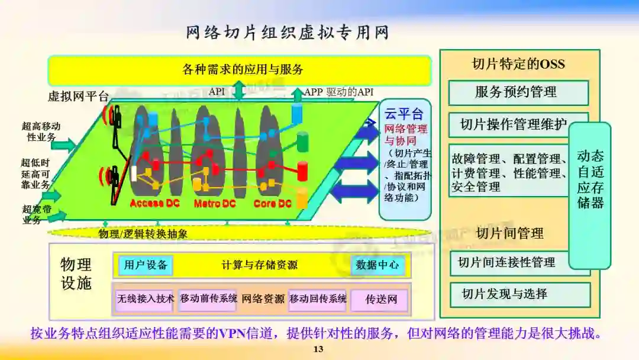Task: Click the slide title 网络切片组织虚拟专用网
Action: [x=288, y=33]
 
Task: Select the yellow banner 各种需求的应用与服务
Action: [x=240, y=70]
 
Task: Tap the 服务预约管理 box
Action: [x=518, y=92]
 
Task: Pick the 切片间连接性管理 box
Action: [x=508, y=262]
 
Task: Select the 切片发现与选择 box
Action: [x=508, y=294]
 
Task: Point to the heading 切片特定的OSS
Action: [x=518, y=64]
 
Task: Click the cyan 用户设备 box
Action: [x=146, y=265]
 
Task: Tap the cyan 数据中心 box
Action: [x=377, y=265]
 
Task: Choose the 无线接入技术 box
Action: [x=146, y=300]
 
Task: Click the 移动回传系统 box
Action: [x=318, y=300]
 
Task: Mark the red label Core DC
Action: [x=273, y=204]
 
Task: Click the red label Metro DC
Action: [x=215, y=204]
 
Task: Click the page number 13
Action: [x=318, y=349]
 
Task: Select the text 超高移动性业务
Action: [x=41, y=131]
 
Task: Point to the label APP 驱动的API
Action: [x=339, y=92]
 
